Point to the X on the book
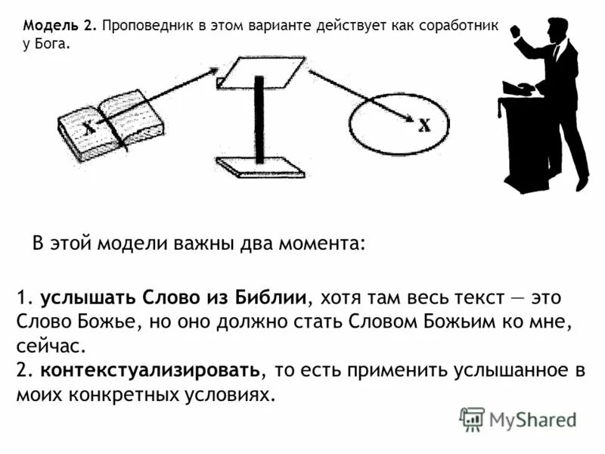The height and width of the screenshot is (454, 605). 89,126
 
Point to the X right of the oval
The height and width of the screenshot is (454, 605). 424,125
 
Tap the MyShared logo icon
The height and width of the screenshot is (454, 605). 472,419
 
